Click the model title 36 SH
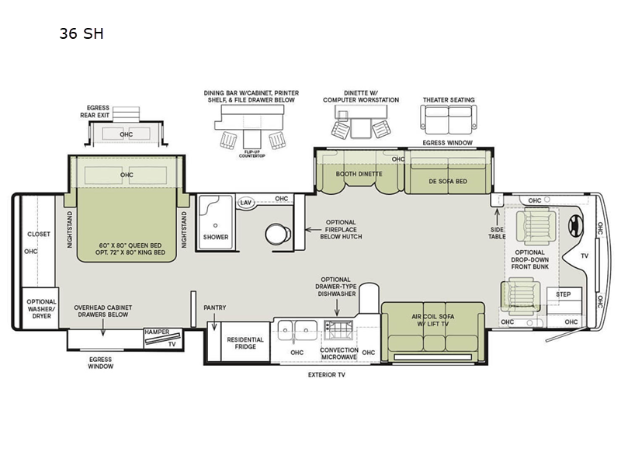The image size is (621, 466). (x=82, y=33)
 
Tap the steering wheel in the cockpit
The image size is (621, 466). (x=575, y=227)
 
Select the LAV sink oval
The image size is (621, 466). (x=245, y=203)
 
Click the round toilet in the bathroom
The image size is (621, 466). (x=278, y=234)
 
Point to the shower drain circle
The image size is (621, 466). (x=215, y=225)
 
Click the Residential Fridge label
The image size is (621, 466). (x=245, y=343)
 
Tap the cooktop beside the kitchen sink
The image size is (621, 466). (x=338, y=330)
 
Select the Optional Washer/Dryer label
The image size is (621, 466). (x=42, y=308)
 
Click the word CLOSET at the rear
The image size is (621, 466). (x=39, y=235)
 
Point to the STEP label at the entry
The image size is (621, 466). (x=564, y=294)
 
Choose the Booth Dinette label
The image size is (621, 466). (x=359, y=174)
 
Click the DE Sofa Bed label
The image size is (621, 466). (x=448, y=182)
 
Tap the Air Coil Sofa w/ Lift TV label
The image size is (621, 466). (x=433, y=320)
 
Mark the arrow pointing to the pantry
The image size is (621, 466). (x=214, y=322)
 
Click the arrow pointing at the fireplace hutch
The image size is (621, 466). (x=314, y=229)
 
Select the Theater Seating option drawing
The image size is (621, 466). (x=449, y=120)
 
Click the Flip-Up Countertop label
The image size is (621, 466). (x=252, y=154)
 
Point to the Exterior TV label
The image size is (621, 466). (x=327, y=374)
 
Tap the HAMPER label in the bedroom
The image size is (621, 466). (x=157, y=332)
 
